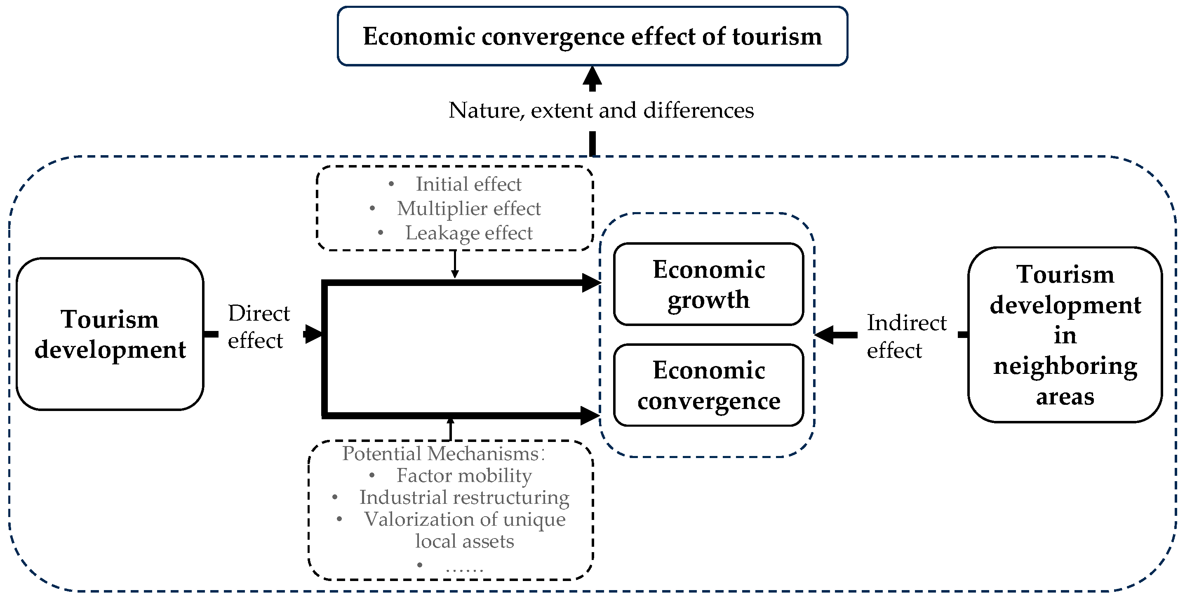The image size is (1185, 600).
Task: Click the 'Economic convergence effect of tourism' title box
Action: click(x=592, y=36)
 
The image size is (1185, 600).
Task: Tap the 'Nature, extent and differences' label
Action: click(x=601, y=111)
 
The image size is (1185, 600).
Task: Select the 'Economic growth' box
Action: click(x=708, y=284)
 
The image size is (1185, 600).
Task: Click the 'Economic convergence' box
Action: click(x=708, y=385)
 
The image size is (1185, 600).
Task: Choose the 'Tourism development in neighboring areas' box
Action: click(x=1065, y=335)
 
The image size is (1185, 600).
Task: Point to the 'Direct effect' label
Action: click(x=259, y=327)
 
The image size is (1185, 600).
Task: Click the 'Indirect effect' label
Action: click(x=906, y=336)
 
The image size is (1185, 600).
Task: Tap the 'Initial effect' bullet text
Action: click(x=468, y=184)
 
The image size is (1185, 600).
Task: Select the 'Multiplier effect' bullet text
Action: click(x=468, y=208)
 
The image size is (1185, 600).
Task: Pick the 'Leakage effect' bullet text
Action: click(x=468, y=233)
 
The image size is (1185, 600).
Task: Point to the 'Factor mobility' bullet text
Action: click(x=464, y=475)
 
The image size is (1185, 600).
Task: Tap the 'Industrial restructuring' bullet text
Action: click(x=464, y=497)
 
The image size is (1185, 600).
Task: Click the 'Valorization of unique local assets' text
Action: click(x=465, y=529)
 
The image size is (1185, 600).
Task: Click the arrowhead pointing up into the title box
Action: click(x=592, y=76)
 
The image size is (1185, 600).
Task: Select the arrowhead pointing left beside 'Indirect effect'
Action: click(x=825, y=335)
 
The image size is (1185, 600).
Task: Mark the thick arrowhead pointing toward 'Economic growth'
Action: click(x=591, y=283)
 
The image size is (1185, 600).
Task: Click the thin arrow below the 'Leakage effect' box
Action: click(x=454, y=265)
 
